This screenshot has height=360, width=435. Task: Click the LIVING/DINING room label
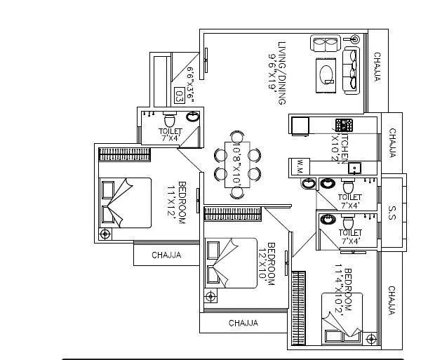pyautogui.click(x=282, y=73)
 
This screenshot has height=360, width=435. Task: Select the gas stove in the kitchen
pyautogui.click(x=344, y=126)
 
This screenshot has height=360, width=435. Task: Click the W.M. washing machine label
pyautogui.click(x=300, y=167)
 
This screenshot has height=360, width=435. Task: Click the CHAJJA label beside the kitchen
pyautogui.click(x=393, y=144)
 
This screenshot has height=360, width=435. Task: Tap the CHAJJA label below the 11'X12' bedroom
pyautogui.click(x=166, y=255)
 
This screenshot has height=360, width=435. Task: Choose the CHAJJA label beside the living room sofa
pyautogui.click(x=377, y=67)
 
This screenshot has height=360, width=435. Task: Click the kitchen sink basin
pyautogui.click(x=355, y=168)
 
